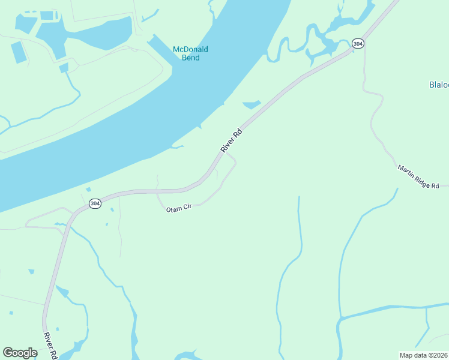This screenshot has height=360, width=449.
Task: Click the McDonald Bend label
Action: tap(190, 53)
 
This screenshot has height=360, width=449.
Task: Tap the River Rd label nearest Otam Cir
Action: tap(231, 140)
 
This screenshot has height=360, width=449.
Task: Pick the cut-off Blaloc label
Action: tap(439, 85)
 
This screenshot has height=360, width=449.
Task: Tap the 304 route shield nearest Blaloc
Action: tap(358, 44)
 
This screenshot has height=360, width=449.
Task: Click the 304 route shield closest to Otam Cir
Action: tap(94, 204)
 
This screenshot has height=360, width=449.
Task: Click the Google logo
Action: tap(20, 353)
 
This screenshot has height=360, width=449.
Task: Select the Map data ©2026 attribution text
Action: tap(424, 355)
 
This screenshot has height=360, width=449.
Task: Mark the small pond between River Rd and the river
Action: tap(252, 105)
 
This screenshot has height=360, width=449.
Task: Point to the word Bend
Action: tap(190, 58)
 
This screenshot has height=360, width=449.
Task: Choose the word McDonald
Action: tap(190, 49)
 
